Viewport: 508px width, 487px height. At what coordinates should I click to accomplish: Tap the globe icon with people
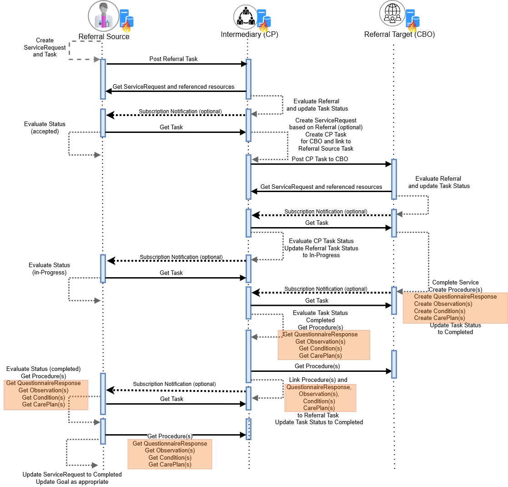click(x=392, y=13)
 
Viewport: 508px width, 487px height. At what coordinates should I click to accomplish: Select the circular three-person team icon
click(x=246, y=17)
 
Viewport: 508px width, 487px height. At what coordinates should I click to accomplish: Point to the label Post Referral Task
click(x=173, y=59)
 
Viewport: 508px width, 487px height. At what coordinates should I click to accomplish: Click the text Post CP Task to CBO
click(x=320, y=159)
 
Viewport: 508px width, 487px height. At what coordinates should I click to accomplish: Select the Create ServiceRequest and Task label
click(x=45, y=47)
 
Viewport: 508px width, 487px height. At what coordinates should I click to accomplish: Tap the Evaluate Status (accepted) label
click(x=45, y=127)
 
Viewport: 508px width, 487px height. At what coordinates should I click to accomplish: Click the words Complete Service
click(x=455, y=283)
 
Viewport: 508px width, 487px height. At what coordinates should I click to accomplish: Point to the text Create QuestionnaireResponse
click(x=455, y=297)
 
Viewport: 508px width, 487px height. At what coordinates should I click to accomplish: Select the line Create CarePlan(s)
click(x=439, y=318)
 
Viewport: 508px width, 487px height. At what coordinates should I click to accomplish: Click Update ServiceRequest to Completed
click(x=72, y=474)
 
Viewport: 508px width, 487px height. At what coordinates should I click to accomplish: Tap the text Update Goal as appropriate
click(x=72, y=482)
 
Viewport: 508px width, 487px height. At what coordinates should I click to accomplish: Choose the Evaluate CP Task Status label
click(x=321, y=241)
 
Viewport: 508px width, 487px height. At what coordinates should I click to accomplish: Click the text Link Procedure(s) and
click(x=318, y=380)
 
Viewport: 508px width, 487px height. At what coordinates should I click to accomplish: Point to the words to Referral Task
click(x=318, y=415)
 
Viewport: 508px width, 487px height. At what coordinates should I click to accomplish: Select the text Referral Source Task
click(x=326, y=149)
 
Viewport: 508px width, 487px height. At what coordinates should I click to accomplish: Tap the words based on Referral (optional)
click(x=326, y=127)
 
